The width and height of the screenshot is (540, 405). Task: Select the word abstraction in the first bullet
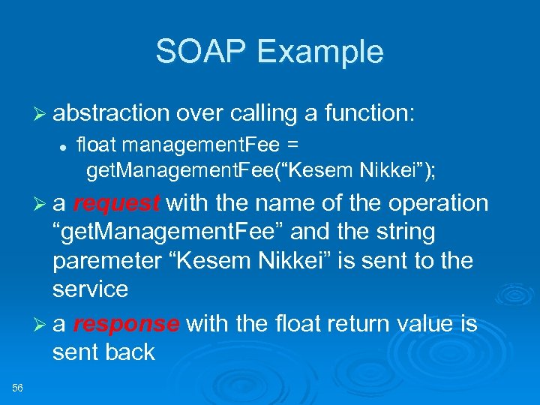tap(111, 112)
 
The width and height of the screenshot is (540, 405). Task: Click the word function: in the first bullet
tap(374, 112)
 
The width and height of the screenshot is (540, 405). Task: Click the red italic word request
tap(116, 203)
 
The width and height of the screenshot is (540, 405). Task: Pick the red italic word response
tap(126, 323)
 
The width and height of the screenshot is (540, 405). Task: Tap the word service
tap(90, 289)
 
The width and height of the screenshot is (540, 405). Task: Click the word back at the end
tap(130, 352)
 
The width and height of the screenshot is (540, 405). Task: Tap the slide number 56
tap(19, 387)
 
